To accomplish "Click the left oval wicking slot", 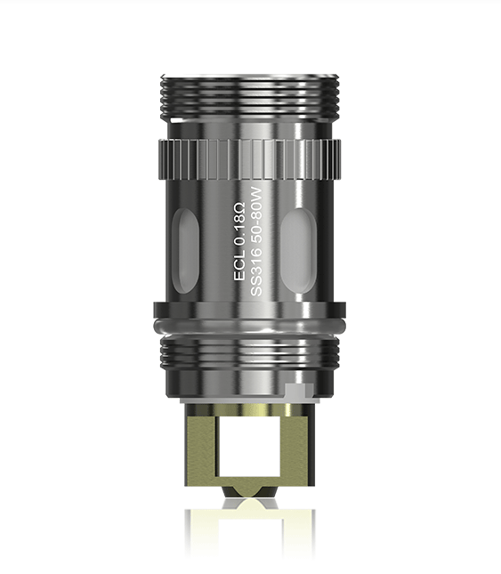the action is pyautogui.click(x=186, y=251).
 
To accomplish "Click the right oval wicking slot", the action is pyautogui.click(x=298, y=251).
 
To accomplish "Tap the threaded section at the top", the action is pyautogui.click(x=250, y=97).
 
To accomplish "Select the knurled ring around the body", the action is pyautogui.click(x=250, y=159).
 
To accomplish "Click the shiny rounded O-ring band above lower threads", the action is pyautogui.click(x=250, y=326).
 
